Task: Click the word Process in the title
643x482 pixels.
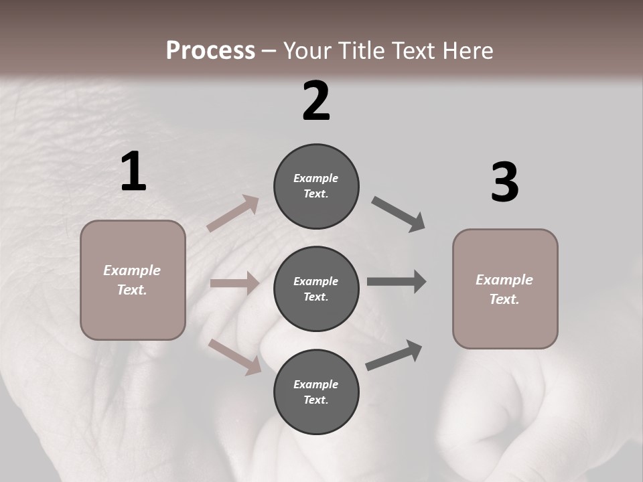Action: (x=210, y=51)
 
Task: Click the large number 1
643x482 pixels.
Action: (x=133, y=172)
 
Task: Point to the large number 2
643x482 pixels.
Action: (x=316, y=101)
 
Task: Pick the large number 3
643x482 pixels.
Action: (x=504, y=183)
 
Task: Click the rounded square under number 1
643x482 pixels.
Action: (x=133, y=280)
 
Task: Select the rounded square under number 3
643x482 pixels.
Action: (x=505, y=289)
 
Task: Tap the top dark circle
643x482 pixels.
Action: (x=316, y=186)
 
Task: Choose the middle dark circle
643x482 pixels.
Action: (x=316, y=289)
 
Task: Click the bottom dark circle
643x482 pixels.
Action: (x=316, y=392)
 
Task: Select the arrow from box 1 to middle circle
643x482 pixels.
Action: (x=234, y=283)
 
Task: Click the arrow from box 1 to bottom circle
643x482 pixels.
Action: (x=235, y=356)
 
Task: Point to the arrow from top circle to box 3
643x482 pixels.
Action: (x=399, y=214)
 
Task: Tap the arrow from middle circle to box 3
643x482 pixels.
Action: (x=397, y=281)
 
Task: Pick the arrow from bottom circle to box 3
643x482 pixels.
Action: (x=394, y=355)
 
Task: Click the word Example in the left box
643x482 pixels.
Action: (x=132, y=270)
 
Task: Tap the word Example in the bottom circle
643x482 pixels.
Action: (x=316, y=384)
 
